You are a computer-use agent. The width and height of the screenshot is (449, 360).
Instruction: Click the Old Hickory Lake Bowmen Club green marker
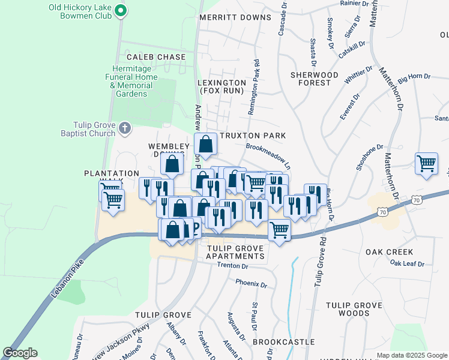(x=121, y=10)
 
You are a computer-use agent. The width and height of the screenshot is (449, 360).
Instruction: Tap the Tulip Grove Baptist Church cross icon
(x=124, y=127)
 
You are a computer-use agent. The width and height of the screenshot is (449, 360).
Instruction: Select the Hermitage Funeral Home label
(x=131, y=77)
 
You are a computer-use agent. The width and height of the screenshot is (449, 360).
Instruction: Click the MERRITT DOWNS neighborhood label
(x=235, y=17)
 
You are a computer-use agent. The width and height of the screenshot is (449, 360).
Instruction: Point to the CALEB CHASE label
(x=156, y=57)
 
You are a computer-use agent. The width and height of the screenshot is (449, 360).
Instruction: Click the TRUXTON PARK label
(x=252, y=136)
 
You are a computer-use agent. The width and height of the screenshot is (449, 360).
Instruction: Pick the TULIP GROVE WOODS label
(x=354, y=309)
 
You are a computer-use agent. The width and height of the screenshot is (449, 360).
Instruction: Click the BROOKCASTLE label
(x=283, y=342)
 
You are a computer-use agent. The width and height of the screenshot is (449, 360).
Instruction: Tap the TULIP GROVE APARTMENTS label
(x=235, y=252)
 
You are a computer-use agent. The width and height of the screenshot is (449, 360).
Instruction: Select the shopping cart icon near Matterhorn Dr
(x=426, y=163)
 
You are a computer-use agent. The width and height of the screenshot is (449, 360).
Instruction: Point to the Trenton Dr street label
(x=232, y=265)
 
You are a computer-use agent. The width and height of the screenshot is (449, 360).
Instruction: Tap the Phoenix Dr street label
(x=250, y=283)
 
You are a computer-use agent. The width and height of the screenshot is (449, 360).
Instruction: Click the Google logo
(x=20, y=353)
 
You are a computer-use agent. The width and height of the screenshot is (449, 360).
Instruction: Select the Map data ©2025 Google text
(x=411, y=355)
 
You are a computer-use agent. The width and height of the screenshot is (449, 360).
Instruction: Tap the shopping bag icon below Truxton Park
(x=205, y=145)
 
